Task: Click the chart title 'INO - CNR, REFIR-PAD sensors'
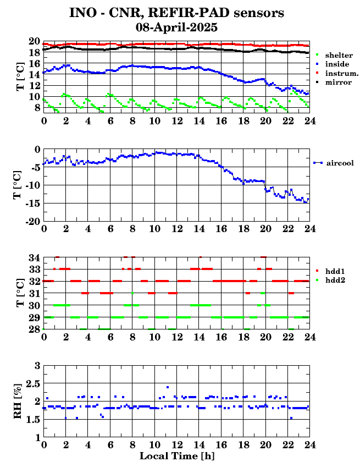[176, 13]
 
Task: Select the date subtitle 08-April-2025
[176, 26]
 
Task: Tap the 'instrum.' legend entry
[341, 73]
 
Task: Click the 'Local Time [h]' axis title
[176, 456]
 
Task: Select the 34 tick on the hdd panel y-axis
[34, 257]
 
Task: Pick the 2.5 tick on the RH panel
[32, 383]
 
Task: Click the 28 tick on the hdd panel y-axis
[34, 329]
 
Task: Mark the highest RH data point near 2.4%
[168, 387]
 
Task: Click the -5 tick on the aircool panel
[34, 167]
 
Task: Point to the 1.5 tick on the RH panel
[32, 420]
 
